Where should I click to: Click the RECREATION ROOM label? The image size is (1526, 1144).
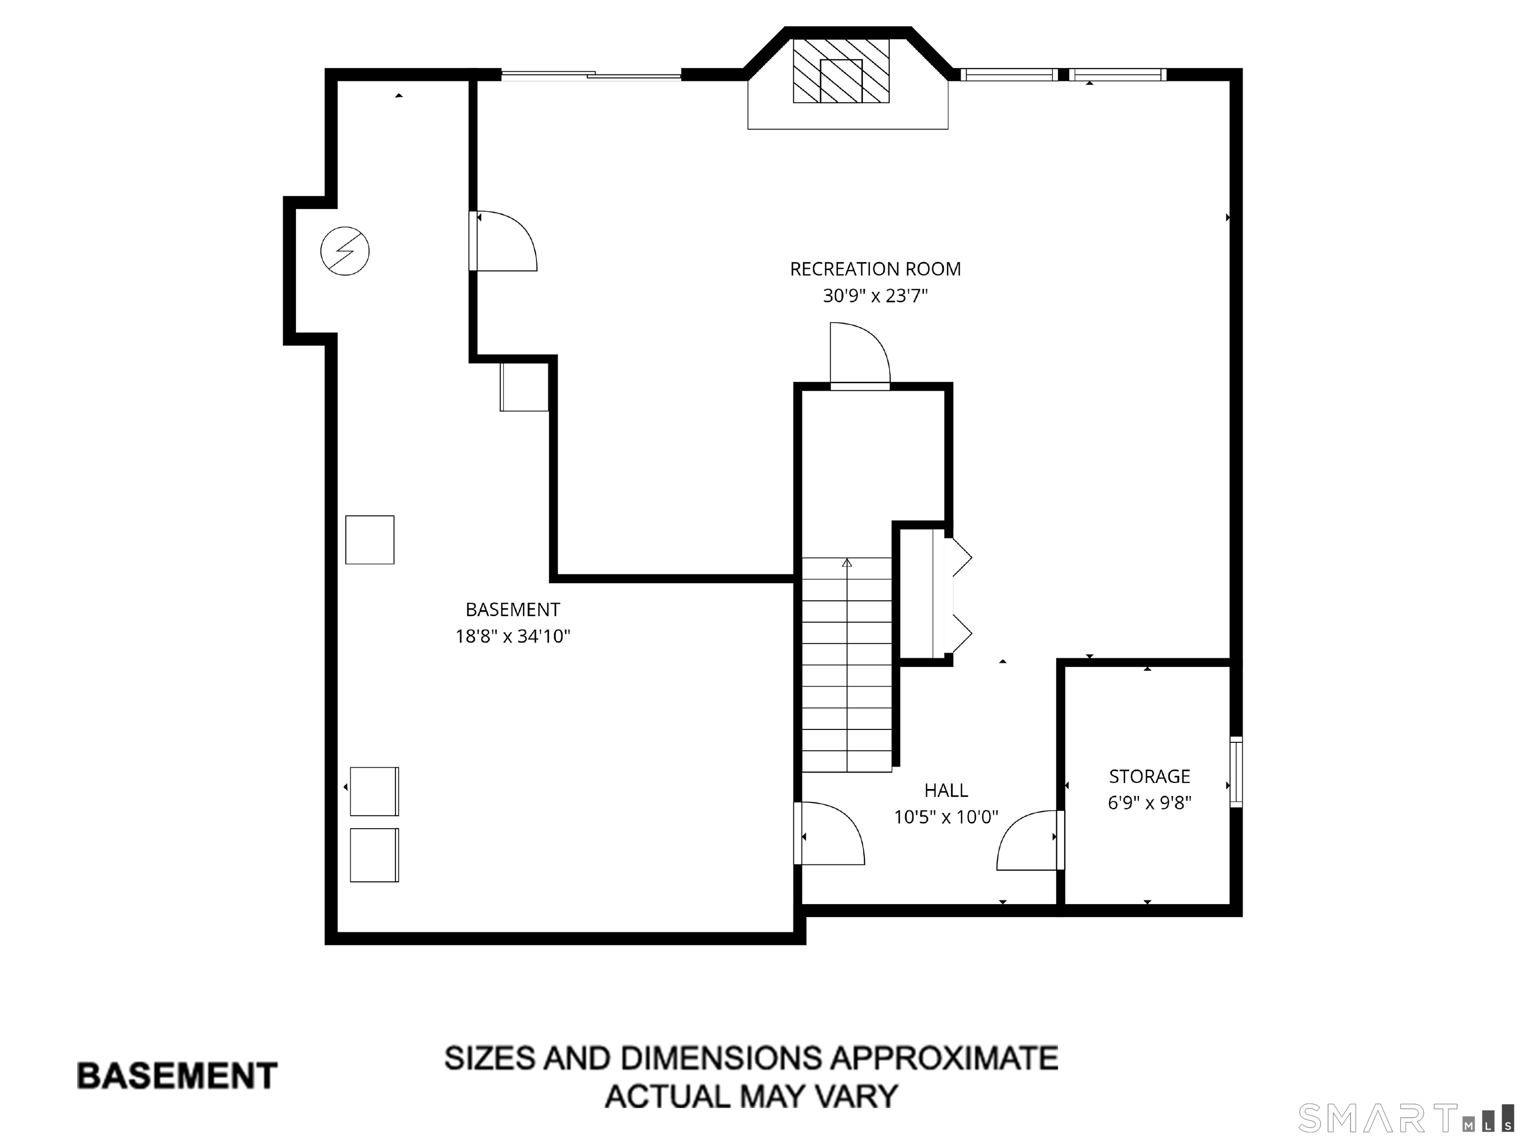[875, 269]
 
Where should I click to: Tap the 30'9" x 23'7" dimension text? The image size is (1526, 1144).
[875, 296]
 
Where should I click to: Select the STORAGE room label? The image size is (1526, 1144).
[1149, 777]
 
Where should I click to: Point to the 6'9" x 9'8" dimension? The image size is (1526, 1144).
[1149, 803]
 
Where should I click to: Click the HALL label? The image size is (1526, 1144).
[946, 790]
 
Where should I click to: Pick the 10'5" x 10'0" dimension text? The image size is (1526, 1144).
[946, 817]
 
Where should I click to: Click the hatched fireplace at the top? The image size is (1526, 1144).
[841, 71]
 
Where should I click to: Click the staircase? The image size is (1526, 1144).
[846, 665]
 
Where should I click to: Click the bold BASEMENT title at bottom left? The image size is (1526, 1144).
[177, 1076]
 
